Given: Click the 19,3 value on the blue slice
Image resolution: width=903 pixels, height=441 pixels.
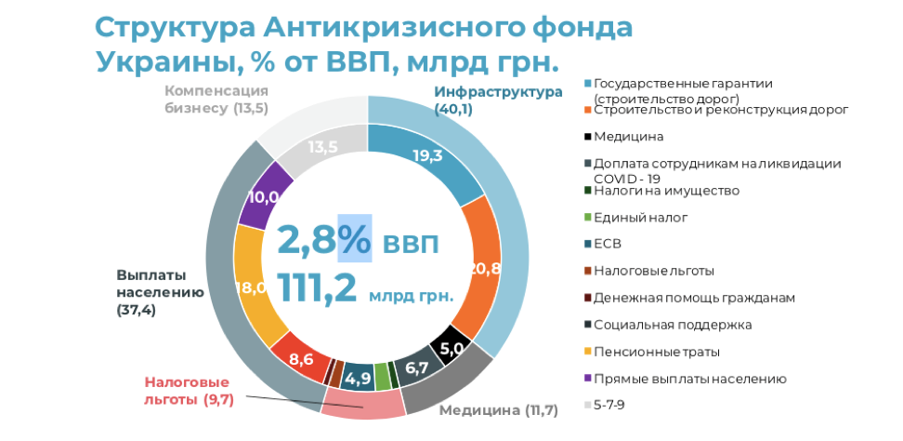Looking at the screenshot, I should click(x=426, y=156).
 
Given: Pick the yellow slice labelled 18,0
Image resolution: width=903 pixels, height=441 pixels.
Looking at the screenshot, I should click(x=251, y=287).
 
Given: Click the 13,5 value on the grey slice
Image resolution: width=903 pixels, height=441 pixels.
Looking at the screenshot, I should click(x=322, y=147).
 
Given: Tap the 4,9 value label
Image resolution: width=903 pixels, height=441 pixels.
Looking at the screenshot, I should click(x=358, y=379).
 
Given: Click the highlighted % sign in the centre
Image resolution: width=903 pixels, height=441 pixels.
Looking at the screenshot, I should click(x=354, y=239).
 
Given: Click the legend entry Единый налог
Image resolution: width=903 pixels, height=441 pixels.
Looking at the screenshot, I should click(x=640, y=218).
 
